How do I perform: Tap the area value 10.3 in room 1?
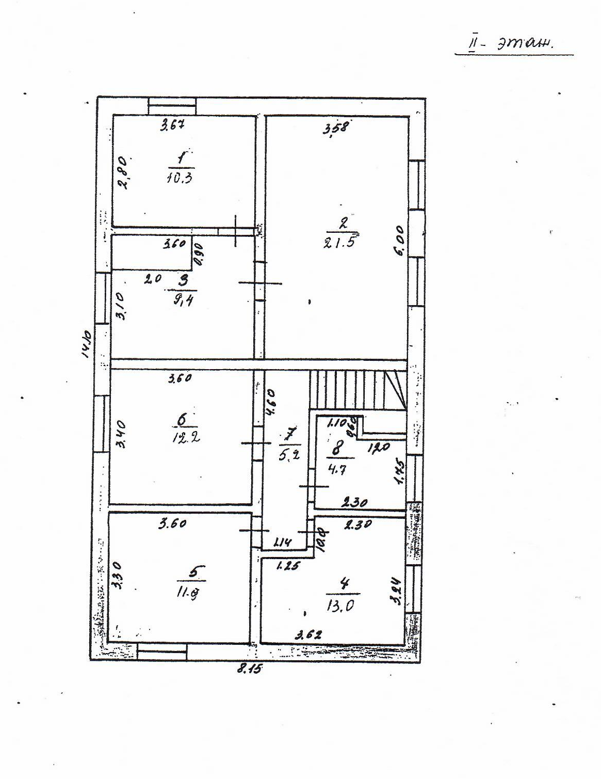click(180, 178)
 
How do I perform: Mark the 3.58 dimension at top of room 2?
click(336, 127)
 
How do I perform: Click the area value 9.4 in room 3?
click(183, 299)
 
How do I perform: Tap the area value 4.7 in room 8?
click(337, 470)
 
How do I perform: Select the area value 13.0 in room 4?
click(340, 605)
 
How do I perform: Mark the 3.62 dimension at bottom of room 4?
click(308, 635)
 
